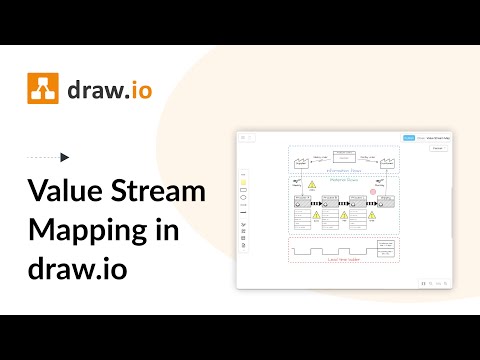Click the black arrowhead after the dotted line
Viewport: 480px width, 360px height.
(65, 157)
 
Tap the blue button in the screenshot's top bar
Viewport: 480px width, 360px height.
(409, 138)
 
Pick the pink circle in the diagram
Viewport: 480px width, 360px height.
(374, 190)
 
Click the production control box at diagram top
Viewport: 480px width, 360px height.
(343, 155)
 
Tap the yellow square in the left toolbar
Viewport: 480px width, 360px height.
(244, 182)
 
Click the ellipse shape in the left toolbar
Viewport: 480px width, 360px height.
(244, 198)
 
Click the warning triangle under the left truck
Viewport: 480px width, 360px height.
(311, 186)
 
